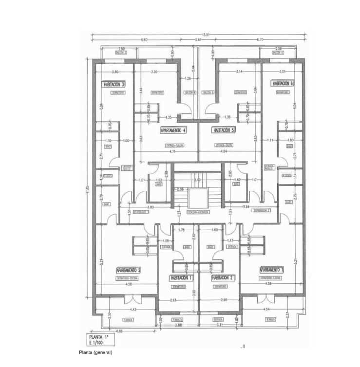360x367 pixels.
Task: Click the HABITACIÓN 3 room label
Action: tap(114, 84)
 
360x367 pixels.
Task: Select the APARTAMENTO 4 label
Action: tap(173, 130)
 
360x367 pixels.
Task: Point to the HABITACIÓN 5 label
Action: tap(224, 130)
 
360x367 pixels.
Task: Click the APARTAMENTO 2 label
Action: tap(129, 270)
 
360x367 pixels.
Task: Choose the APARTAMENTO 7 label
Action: tap(271, 270)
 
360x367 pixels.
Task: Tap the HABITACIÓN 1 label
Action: tap(181, 277)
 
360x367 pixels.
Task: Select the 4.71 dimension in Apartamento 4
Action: tap(172, 152)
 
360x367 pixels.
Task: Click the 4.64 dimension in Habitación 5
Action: tap(225, 152)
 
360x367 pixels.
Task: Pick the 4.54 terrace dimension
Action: tap(266, 310)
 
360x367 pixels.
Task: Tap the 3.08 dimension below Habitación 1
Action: tap(177, 324)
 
